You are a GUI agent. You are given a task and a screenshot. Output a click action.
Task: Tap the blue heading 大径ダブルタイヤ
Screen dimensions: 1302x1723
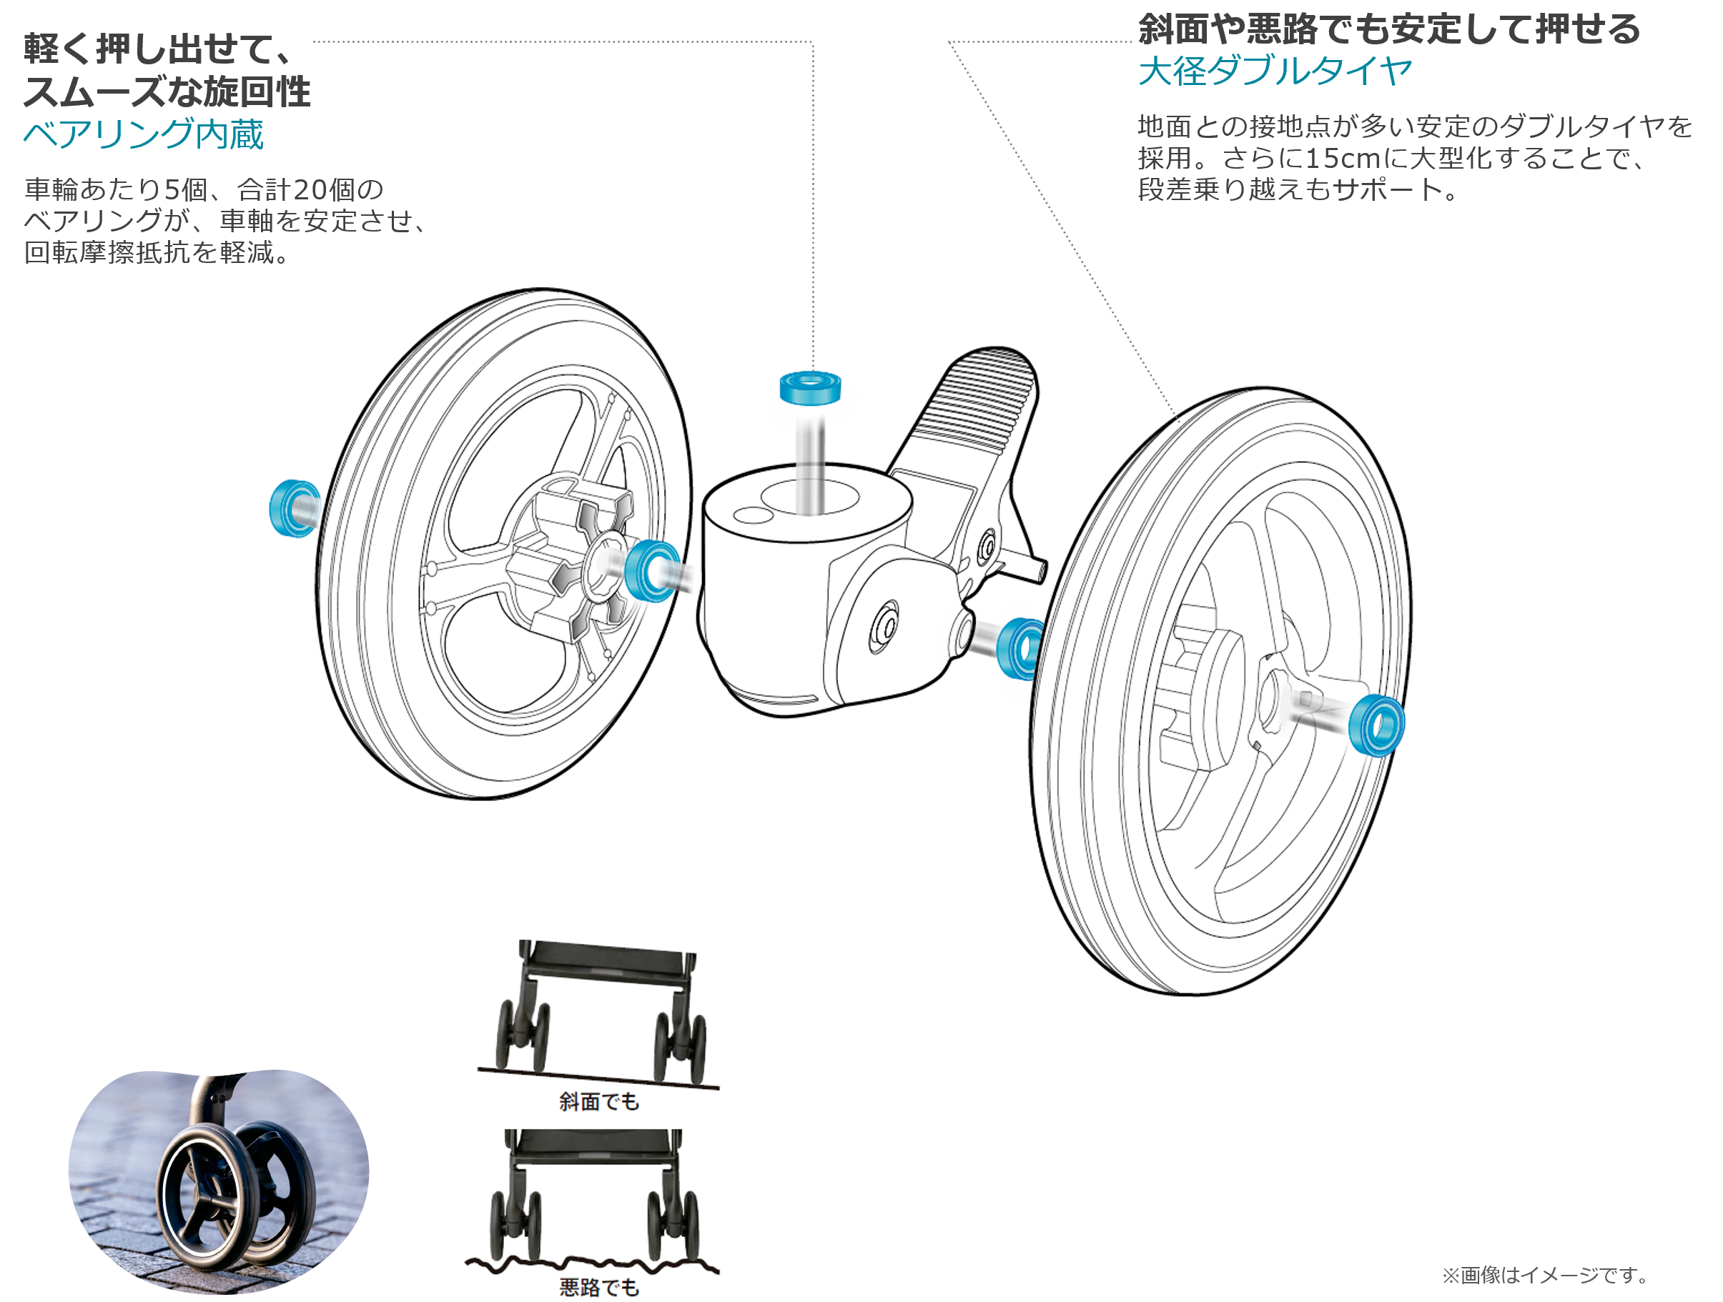(1275, 71)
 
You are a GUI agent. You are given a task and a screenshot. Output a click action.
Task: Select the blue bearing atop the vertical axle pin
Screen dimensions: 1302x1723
(810, 388)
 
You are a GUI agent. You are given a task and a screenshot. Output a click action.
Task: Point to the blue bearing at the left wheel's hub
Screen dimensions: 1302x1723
(651, 571)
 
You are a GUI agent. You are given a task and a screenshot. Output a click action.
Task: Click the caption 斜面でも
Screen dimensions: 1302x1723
(598, 1101)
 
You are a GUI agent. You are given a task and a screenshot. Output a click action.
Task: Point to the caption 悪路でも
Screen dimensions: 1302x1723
(598, 1287)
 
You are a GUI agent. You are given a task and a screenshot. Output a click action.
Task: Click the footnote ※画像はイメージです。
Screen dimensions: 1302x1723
(1546, 1275)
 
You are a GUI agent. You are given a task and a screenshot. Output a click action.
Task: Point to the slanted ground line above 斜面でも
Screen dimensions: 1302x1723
(598, 1078)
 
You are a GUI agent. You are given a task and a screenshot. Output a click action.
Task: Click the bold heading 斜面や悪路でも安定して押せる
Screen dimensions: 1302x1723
(1389, 29)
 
